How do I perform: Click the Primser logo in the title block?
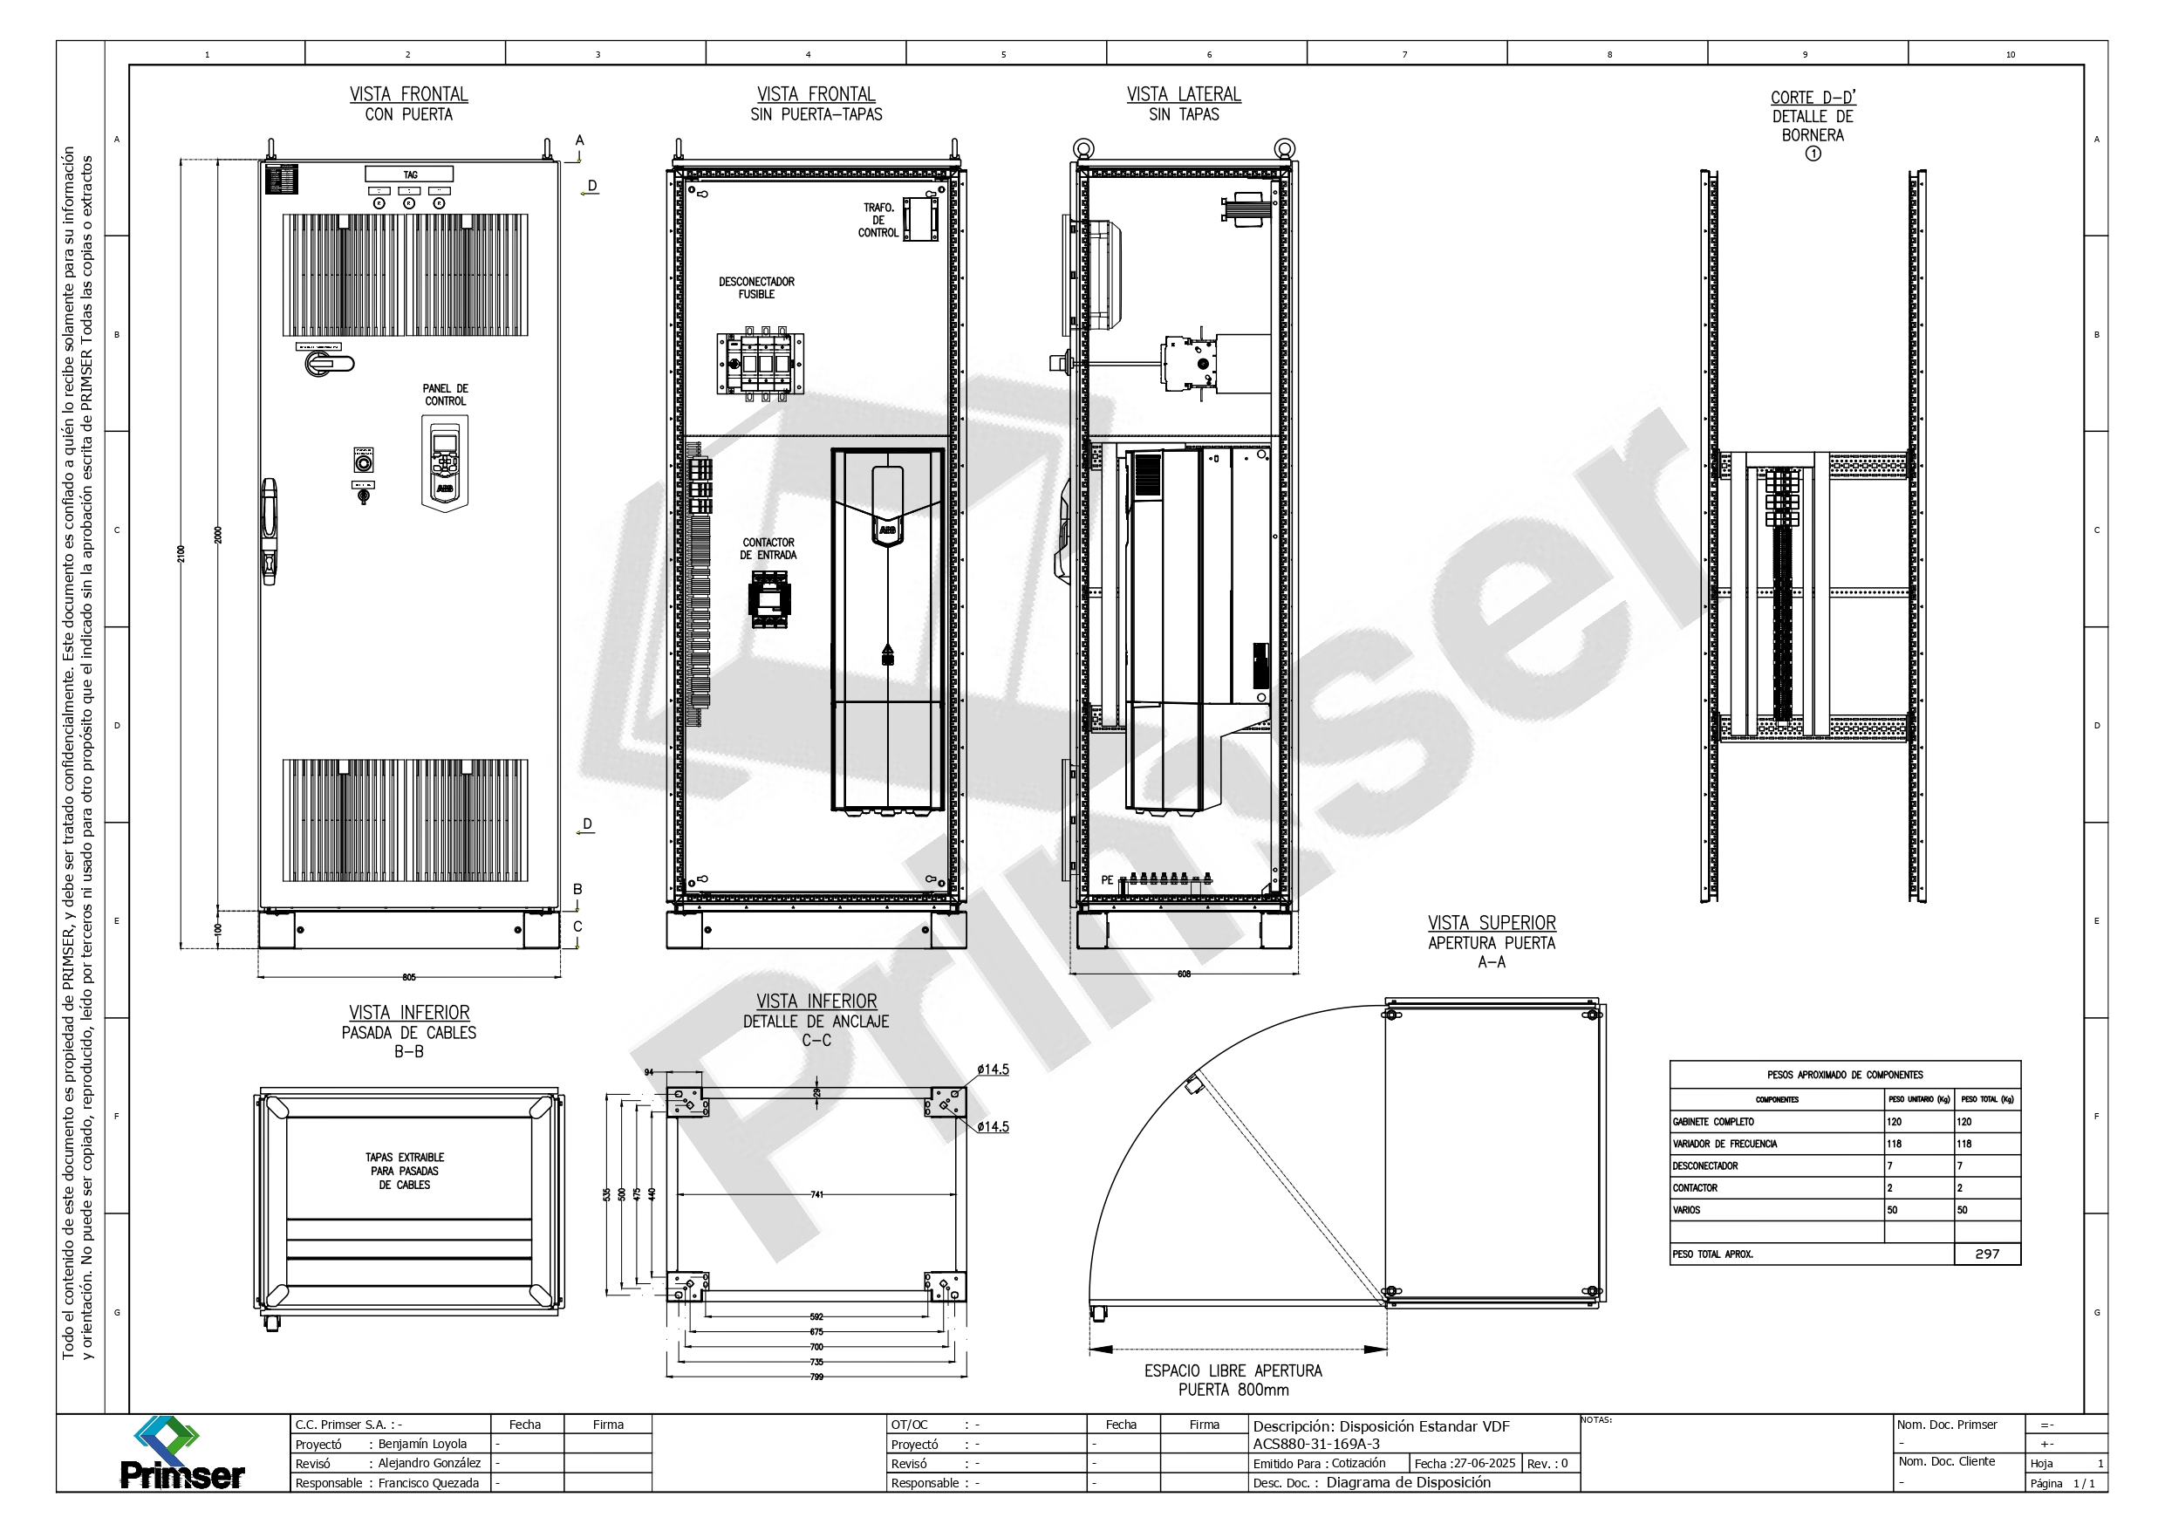coord(182,1453)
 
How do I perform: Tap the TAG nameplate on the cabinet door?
coord(409,174)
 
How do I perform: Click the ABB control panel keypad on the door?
coord(444,463)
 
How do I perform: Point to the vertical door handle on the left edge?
coord(270,531)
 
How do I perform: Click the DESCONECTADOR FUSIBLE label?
coord(756,288)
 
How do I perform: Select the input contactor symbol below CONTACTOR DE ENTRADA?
coord(769,600)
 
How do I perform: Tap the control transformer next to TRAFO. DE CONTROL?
coord(920,220)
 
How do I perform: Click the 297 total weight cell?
coord(1987,1254)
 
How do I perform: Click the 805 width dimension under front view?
coord(409,977)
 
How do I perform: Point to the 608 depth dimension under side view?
coord(1185,974)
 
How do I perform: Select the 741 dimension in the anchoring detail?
coord(816,1194)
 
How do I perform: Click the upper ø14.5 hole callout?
coord(993,1070)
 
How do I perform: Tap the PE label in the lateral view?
coord(1107,880)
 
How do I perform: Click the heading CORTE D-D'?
coord(1813,97)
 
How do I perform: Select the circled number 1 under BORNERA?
coord(1813,154)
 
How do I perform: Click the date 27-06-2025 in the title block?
coord(1483,1463)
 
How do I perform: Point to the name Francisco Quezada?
coord(428,1483)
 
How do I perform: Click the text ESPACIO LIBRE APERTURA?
coord(1233,1370)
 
